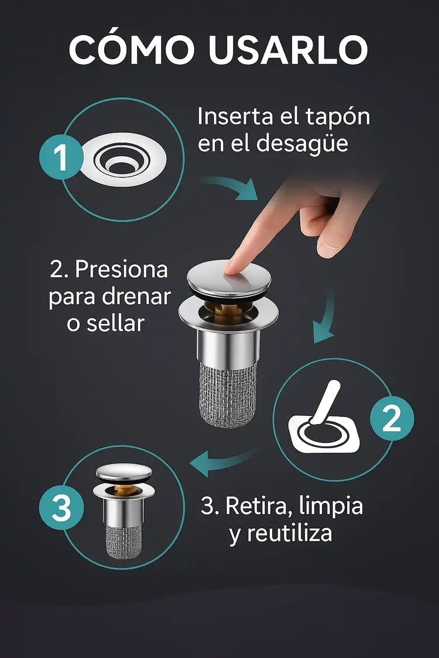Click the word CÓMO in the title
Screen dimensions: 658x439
132,50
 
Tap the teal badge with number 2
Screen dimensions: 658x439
392,419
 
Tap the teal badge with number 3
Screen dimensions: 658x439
61,508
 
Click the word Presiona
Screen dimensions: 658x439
122,270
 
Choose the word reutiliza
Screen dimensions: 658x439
281,533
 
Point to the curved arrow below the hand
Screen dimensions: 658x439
325,316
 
